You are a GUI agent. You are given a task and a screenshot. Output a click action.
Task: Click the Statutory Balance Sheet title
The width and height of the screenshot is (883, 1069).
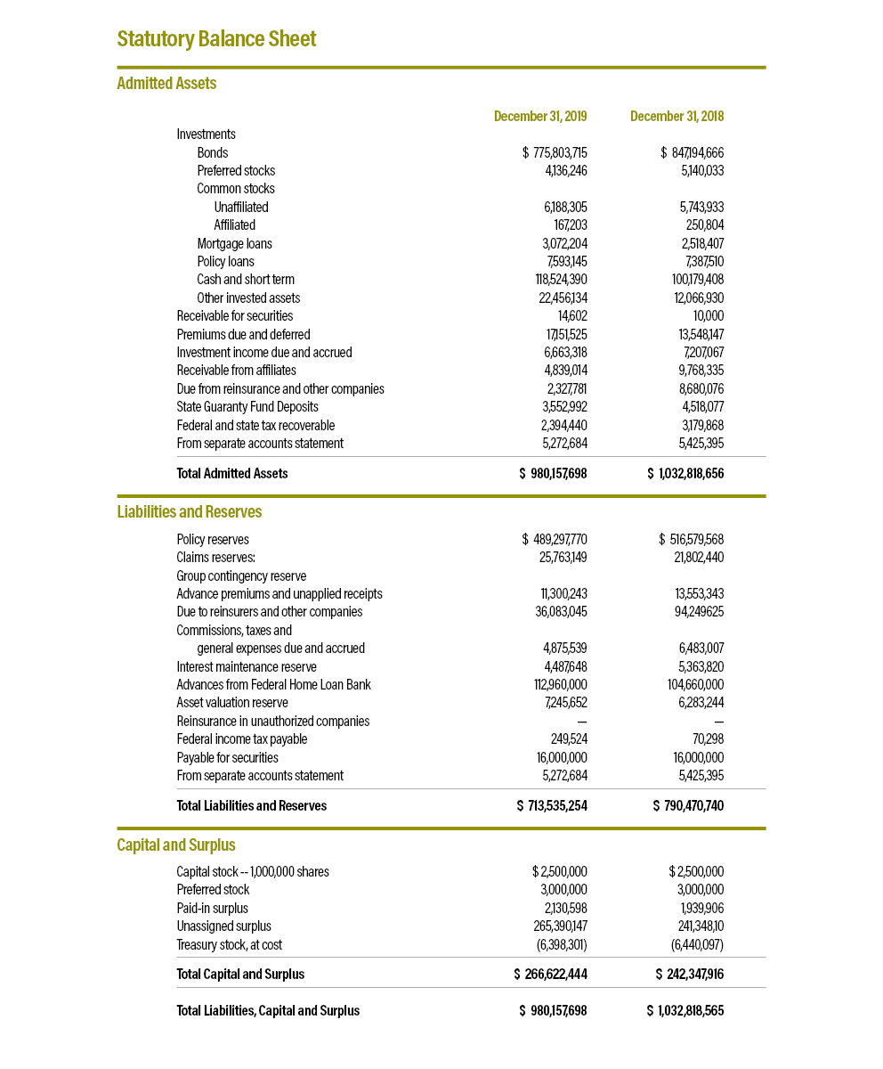[x=216, y=39]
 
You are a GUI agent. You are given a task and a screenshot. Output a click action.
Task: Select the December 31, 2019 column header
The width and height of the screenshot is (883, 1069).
[x=540, y=117]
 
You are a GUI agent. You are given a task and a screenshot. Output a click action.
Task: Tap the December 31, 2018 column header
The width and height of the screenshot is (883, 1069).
[x=676, y=117]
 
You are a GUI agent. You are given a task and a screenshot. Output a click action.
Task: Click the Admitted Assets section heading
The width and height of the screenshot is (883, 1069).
[x=166, y=84]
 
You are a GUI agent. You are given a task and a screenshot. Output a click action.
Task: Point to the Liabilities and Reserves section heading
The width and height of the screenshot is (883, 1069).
[x=190, y=512]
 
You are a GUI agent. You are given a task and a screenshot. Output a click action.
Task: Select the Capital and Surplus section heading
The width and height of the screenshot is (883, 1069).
[x=176, y=845]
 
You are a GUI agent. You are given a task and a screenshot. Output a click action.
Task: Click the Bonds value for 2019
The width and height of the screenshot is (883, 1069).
[x=555, y=153]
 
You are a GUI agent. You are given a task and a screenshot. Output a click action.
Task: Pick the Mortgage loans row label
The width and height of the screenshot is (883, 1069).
[x=234, y=244]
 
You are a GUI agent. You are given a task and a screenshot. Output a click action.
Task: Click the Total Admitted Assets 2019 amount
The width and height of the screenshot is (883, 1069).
[x=553, y=474]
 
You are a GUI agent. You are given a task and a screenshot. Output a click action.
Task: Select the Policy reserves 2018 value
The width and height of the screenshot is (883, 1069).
[x=691, y=540]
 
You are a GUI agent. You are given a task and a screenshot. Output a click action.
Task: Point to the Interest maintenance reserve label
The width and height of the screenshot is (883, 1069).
[x=247, y=667]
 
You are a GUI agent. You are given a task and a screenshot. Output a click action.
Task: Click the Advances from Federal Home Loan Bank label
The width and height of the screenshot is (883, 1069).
[x=273, y=685]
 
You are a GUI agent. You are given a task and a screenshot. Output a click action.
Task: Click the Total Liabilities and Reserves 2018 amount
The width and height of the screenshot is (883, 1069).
[x=688, y=806]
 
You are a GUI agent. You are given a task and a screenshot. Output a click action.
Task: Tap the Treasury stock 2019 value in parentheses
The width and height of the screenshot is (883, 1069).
[x=560, y=945]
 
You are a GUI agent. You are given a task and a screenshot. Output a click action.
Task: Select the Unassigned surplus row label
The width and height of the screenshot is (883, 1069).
[x=223, y=926]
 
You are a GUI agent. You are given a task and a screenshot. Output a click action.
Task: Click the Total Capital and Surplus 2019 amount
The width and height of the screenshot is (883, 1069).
[x=550, y=975]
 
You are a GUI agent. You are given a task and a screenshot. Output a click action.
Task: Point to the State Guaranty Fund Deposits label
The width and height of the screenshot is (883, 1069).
[x=247, y=407]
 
